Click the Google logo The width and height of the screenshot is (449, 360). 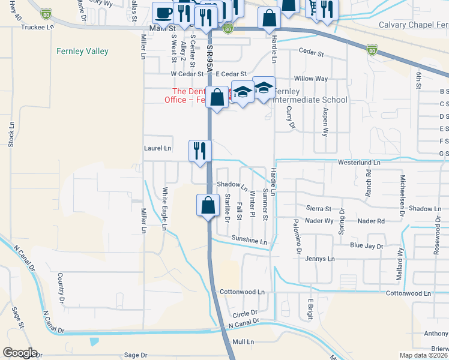click(20, 353)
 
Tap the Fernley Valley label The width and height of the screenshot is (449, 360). click(86, 52)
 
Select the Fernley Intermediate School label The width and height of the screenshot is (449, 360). click(310, 100)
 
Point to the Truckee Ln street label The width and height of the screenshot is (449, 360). click(37, 28)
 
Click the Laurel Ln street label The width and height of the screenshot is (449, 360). click(158, 148)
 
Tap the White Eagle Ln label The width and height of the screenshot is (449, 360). click(164, 208)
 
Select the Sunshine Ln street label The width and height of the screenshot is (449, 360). click(249, 241)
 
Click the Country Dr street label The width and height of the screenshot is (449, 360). click(61, 287)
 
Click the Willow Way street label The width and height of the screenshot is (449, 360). click(310, 79)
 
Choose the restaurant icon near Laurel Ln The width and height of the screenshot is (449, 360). click(200, 150)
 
